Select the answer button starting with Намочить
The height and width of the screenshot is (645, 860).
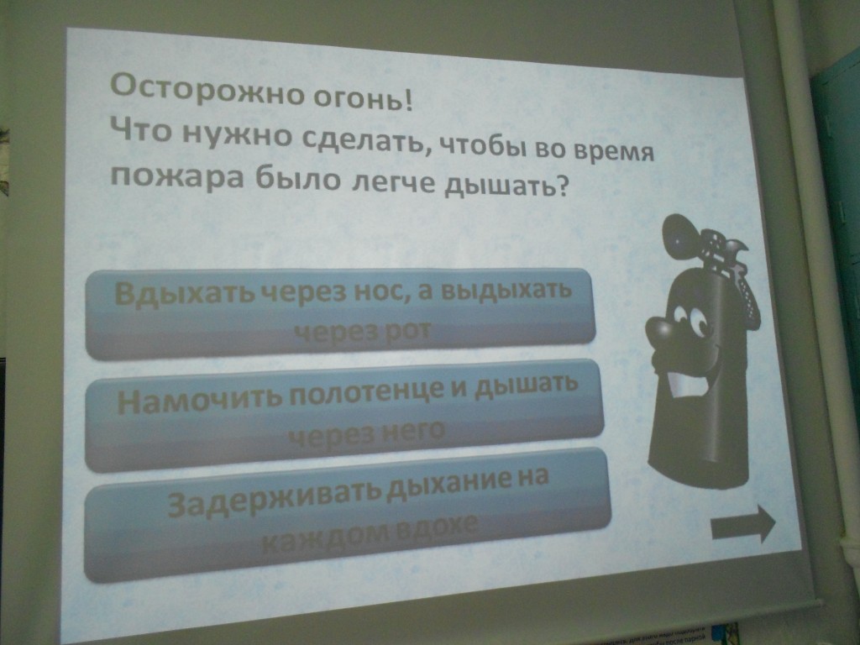click(343, 415)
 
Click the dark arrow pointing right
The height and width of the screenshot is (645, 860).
click(743, 525)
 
